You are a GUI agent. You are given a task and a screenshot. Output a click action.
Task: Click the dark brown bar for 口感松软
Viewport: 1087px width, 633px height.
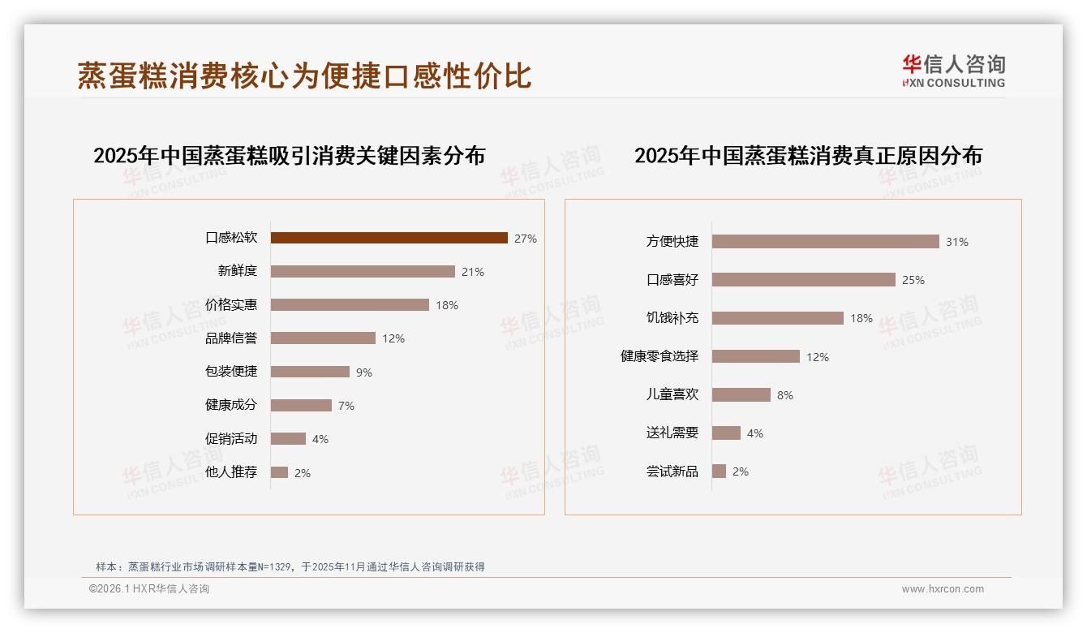coord(389,238)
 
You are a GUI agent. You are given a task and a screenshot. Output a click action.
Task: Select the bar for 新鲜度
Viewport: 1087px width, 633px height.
coord(363,271)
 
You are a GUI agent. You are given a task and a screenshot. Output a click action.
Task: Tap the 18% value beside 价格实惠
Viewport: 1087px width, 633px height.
coord(447,305)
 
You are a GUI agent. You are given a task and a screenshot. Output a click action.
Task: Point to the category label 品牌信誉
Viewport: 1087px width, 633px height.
coord(231,338)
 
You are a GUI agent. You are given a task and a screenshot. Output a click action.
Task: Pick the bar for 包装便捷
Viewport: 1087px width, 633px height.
coord(310,372)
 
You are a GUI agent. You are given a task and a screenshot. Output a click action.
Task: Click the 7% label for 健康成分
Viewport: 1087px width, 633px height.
coord(346,406)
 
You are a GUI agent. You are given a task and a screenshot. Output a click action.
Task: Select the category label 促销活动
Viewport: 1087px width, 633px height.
coord(231,439)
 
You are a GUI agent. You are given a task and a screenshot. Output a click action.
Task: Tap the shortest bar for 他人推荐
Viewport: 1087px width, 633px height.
coord(279,472)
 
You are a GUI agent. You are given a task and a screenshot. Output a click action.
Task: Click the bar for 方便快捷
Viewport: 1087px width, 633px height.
coord(825,241)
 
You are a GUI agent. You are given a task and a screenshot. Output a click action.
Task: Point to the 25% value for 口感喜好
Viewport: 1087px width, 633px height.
coord(913,280)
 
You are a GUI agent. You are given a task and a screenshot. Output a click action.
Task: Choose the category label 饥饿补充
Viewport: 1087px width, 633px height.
coord(672,318)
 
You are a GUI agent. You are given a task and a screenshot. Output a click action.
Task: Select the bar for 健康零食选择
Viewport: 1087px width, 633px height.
coord(755,356)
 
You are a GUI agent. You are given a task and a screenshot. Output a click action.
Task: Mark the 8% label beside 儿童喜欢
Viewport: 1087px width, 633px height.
coord(785,395)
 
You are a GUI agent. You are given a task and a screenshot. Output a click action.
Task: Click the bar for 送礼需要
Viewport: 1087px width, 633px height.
coord(726,433)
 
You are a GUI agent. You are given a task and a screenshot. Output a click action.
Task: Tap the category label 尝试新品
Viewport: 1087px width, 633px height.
coord(672,472)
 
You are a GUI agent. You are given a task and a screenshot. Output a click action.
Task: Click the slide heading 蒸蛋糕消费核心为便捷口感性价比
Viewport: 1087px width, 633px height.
coord(304,75)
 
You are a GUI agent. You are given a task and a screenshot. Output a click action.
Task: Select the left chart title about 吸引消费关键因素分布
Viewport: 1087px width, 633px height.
coord(289,155)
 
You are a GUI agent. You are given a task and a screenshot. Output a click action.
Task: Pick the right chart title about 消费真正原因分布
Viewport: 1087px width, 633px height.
coord(808,155)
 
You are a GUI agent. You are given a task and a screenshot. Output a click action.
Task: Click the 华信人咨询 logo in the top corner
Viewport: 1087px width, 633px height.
coord(953,71)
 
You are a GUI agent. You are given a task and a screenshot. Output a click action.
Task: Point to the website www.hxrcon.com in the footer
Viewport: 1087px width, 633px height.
coord(943,589)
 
